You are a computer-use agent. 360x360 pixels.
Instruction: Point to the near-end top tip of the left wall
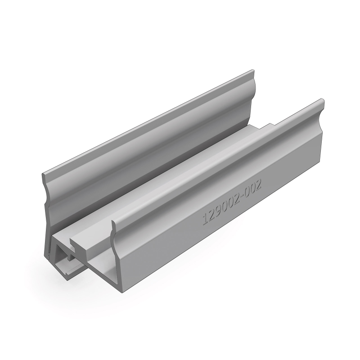45,174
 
